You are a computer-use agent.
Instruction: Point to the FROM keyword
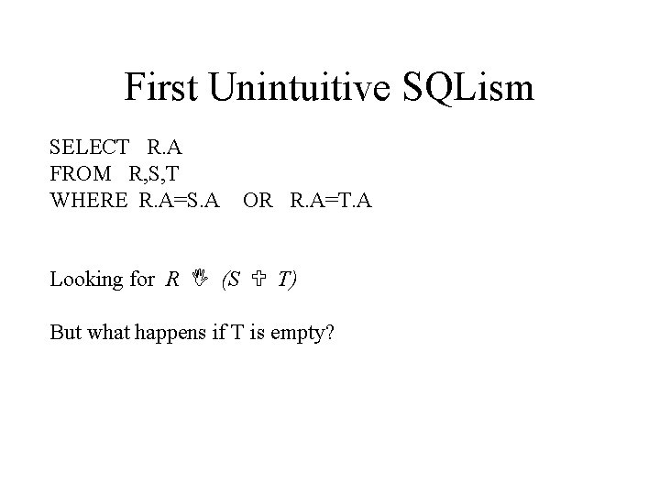80,171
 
